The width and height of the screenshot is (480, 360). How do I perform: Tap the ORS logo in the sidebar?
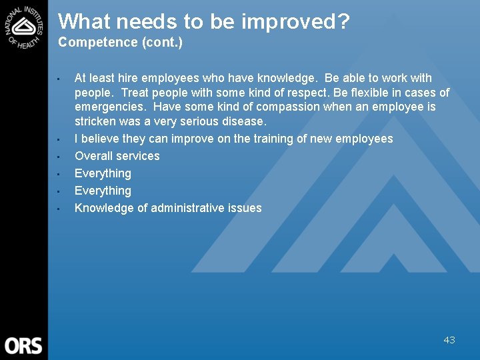23,345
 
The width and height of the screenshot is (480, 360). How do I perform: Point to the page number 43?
449,340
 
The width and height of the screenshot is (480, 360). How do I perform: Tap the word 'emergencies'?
107,107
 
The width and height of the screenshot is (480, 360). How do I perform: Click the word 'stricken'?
96,122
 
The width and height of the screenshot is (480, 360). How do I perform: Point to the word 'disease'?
243,122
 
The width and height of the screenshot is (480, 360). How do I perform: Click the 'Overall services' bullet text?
117,156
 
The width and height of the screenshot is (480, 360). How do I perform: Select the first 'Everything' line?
103,173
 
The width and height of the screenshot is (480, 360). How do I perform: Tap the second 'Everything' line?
103,191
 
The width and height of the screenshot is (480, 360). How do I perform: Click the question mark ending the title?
343,22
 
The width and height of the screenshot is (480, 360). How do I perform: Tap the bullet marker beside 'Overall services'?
59,157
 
